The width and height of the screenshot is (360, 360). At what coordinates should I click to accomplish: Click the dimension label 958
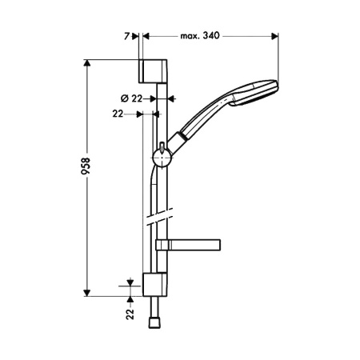coord(86,166)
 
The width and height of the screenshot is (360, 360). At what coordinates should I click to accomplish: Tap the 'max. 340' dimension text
coord(200,35)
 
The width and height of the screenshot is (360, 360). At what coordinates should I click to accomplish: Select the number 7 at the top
coord(126,36)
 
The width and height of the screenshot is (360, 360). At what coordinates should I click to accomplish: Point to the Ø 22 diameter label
coord(131,98)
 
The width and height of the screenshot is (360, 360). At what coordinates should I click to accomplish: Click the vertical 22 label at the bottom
coord(130,314)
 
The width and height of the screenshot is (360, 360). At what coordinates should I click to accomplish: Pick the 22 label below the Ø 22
coord(118,114)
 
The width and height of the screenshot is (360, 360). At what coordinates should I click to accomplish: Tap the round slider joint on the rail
coord(162,158)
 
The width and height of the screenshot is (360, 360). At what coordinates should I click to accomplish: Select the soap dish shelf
coord(188,245)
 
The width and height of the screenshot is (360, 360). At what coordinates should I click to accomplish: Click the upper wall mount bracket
coord(153,71)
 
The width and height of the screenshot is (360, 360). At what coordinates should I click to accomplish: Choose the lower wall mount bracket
coord(154,285)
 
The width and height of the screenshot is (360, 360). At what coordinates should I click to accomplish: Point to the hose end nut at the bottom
coord(154,323)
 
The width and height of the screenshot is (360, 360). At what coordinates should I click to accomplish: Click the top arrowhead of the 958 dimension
coord(87,62)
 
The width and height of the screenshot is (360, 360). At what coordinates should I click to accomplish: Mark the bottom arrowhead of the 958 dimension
coord(87,293)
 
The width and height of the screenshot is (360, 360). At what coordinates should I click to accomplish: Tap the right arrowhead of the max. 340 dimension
coord(274,36)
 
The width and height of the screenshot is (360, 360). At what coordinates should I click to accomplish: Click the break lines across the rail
coord(159,217)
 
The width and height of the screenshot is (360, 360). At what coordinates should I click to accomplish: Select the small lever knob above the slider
coord(162,147)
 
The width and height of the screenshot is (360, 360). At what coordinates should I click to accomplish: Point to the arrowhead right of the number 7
coord(135,36)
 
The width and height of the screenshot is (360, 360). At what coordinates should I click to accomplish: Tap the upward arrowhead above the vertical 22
coord(130,300)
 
